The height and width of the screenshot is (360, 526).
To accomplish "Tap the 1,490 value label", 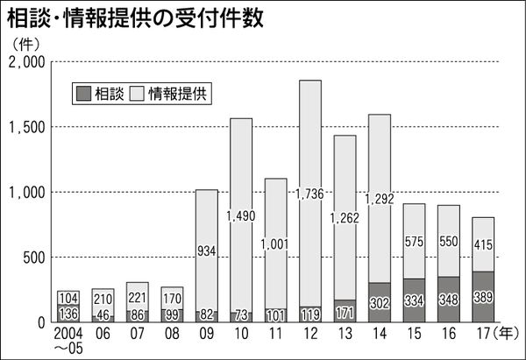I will tap(241, 215).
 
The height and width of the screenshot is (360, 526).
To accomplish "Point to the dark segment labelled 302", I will tap(380, 302).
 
